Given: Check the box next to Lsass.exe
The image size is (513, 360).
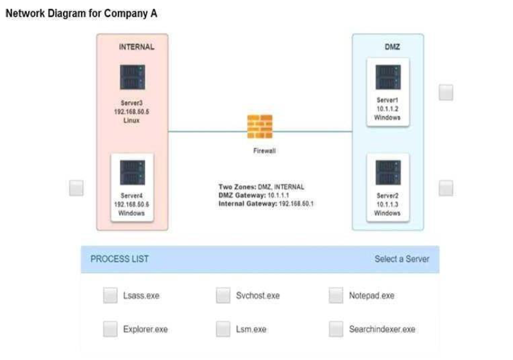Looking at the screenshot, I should click(110, 295).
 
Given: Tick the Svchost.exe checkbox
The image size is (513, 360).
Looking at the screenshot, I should click(223, 295).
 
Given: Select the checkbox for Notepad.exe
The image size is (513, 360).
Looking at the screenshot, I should click(336, 295).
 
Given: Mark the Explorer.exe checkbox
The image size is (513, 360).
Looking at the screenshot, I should click(110, 328).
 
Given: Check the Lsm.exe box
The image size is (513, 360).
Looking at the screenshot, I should click(223, 328).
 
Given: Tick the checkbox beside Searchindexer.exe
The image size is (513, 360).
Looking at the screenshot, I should click(336, 328).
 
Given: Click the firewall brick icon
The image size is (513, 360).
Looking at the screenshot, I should click(260, 127).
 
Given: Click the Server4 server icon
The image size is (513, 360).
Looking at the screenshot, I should click(132, 173).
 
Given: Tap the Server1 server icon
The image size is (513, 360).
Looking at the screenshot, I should click(388, 77).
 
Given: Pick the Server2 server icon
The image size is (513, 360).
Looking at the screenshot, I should click(388, 173).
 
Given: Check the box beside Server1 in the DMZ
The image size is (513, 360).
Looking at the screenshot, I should click(446, 92).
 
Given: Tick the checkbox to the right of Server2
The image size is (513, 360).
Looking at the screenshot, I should click(446, 188).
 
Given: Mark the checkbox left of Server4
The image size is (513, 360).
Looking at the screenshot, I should click(76, 188).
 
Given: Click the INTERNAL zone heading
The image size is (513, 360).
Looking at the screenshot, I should click(136, 47).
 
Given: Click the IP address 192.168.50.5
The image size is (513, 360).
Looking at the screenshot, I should click(132, 112).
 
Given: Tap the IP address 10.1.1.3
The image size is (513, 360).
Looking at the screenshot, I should click(388, 204).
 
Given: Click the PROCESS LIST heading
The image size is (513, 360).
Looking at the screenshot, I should click(120, 258).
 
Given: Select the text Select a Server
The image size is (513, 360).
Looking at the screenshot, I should click(401, 258).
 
